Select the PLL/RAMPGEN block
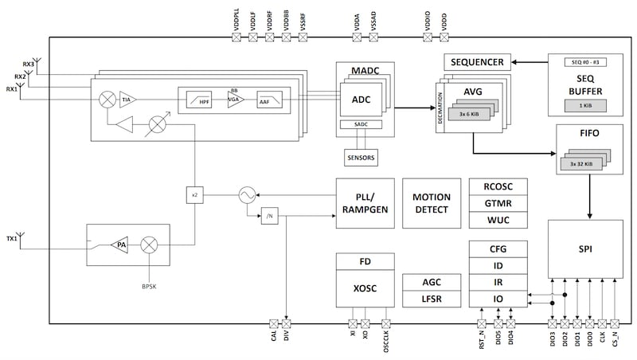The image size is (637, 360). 363,203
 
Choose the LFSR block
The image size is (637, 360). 430,299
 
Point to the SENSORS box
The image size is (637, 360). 360,158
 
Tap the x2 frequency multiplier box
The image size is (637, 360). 194,194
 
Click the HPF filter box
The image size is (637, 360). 198,102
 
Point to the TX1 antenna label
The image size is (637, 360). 11,237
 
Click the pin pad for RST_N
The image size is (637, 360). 481,323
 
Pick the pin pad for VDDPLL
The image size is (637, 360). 236,36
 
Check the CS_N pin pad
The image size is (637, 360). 617,323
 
